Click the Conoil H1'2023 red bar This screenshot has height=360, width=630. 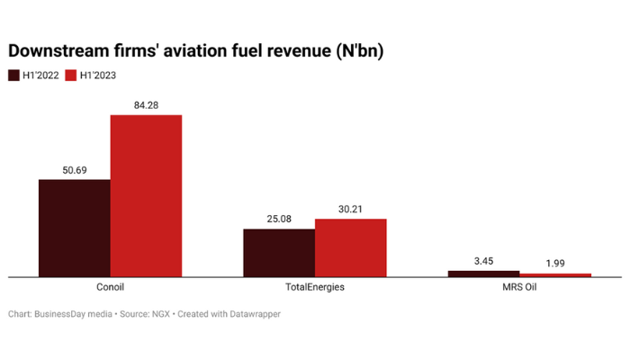pyautogui.click(x=146, y=195)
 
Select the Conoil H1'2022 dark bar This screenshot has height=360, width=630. pyautogui.click(x=74, y=228)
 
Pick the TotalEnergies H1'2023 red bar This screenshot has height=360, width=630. pyautogui.click(x=350, y=247)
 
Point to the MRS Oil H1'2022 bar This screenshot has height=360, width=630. pyautogui.click(x=483, y=273)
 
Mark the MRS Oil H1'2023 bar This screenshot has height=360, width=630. pyautogui.click(x=555, y=274)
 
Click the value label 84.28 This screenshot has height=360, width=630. pyautogui.click(x=146, y=105)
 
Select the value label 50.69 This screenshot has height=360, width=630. pyautogui.click(x=74, y=170)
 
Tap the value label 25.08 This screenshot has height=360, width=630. pyautogui.click(x=279, y=219)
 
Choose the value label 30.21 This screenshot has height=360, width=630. pyautogui.click(x=350, y=209)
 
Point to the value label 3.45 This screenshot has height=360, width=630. pyautogui.click(x=483, y=261)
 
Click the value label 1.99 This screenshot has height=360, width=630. pyautogui.click(x=555, y=264)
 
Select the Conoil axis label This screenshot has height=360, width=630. pyautogui.click(x=110, y=288)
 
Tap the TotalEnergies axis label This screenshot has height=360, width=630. pyautogui.click(x=314, y=288)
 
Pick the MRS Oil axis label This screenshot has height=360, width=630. pyautogui.click(x=519, y=288)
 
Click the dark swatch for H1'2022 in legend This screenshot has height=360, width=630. pyautogui.click(x=13, y=76)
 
